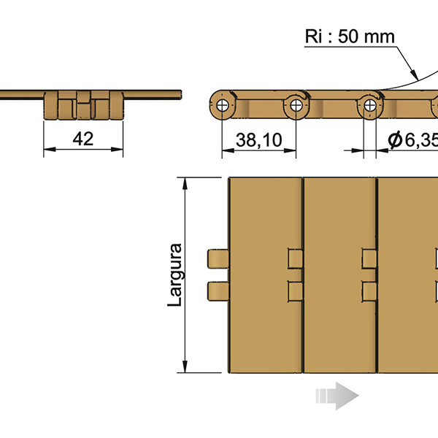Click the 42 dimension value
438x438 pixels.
coord(83,139)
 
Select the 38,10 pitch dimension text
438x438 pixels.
coord(258,140)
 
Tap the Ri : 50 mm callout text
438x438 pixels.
coord(350,36)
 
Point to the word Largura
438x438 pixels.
coord(175,275)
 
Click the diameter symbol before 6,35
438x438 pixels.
coord(395,139)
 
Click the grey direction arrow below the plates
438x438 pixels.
coord(337,396)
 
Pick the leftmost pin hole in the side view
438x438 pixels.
coord(223,105)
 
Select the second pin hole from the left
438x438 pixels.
coord(296,105)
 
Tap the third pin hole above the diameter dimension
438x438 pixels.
coord(370,105)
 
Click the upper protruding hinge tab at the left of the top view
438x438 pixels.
coord(218,258)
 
